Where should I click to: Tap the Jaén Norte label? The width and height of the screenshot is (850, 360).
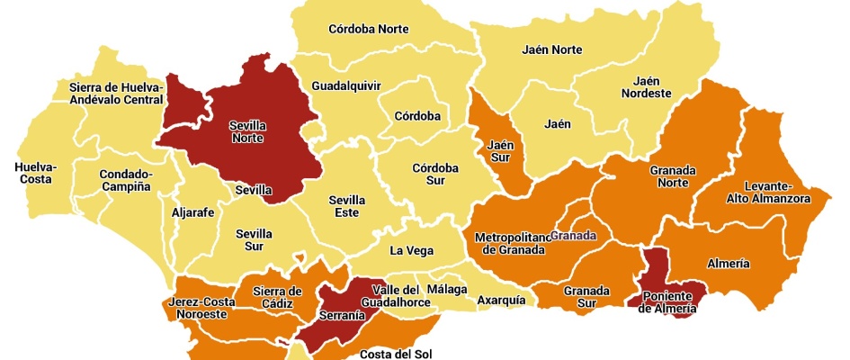coord(552,49)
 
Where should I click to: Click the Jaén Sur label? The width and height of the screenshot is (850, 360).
coord(500,151)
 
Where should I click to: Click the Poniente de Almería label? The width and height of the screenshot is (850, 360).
coord(667,302)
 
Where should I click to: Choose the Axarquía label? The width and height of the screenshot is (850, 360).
coord(501,300)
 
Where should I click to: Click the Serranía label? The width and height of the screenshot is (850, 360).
coord(342,315)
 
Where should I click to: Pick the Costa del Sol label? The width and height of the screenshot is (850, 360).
coord(391,353)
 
